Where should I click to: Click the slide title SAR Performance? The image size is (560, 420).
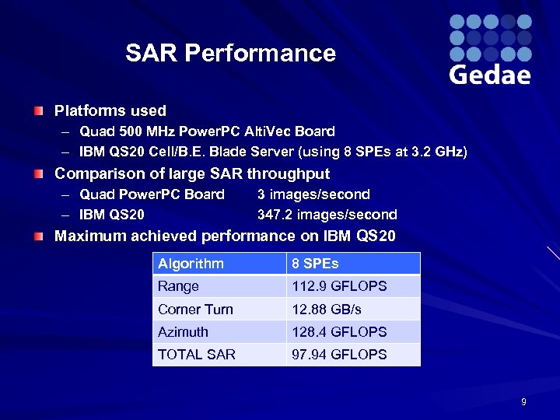tap(230, 53)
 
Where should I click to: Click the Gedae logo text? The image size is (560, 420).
tap(490, 75)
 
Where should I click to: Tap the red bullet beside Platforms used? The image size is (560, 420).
tap(38, 111)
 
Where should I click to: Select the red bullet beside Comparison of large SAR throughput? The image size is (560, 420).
tap(38, 174)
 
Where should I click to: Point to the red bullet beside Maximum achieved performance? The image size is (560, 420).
tap(38, 236)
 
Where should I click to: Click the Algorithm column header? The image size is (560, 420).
tap(191, 264)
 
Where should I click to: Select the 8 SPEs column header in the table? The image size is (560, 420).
tap(315, 264)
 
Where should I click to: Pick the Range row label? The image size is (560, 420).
tap(178, 286)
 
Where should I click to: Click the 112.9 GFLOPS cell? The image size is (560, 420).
tap(339, 286)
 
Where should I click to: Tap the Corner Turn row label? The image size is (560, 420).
tap(195, 309)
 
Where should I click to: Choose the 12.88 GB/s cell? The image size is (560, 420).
tap(327, 309)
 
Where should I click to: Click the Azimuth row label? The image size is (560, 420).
tap(183, 331)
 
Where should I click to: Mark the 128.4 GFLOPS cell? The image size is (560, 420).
tap(339, 331)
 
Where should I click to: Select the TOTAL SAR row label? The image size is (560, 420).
tap(196, 354)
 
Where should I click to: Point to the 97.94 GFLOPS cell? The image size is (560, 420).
tap(339, 354)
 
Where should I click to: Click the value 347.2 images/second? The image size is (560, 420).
tap(327, 215)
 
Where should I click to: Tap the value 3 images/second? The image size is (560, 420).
tap(313, 194)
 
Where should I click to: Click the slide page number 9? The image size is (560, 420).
tap(523, 402)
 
